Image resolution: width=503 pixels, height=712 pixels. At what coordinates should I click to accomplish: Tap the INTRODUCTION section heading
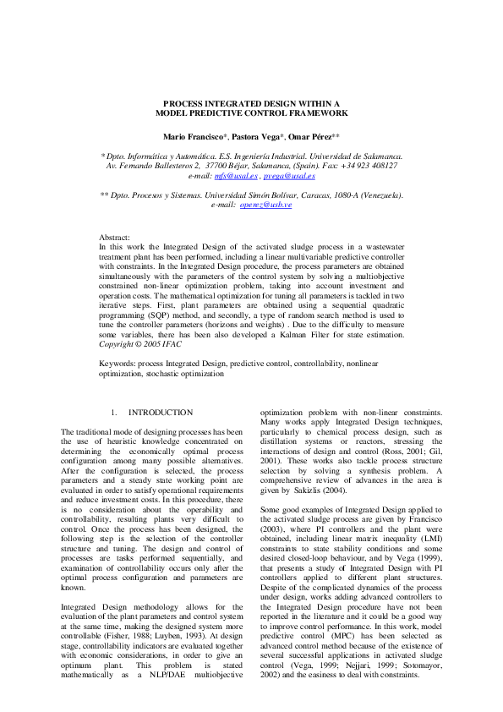point(161,412)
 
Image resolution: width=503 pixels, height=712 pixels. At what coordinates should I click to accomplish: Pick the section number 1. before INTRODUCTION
point(114,412)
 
